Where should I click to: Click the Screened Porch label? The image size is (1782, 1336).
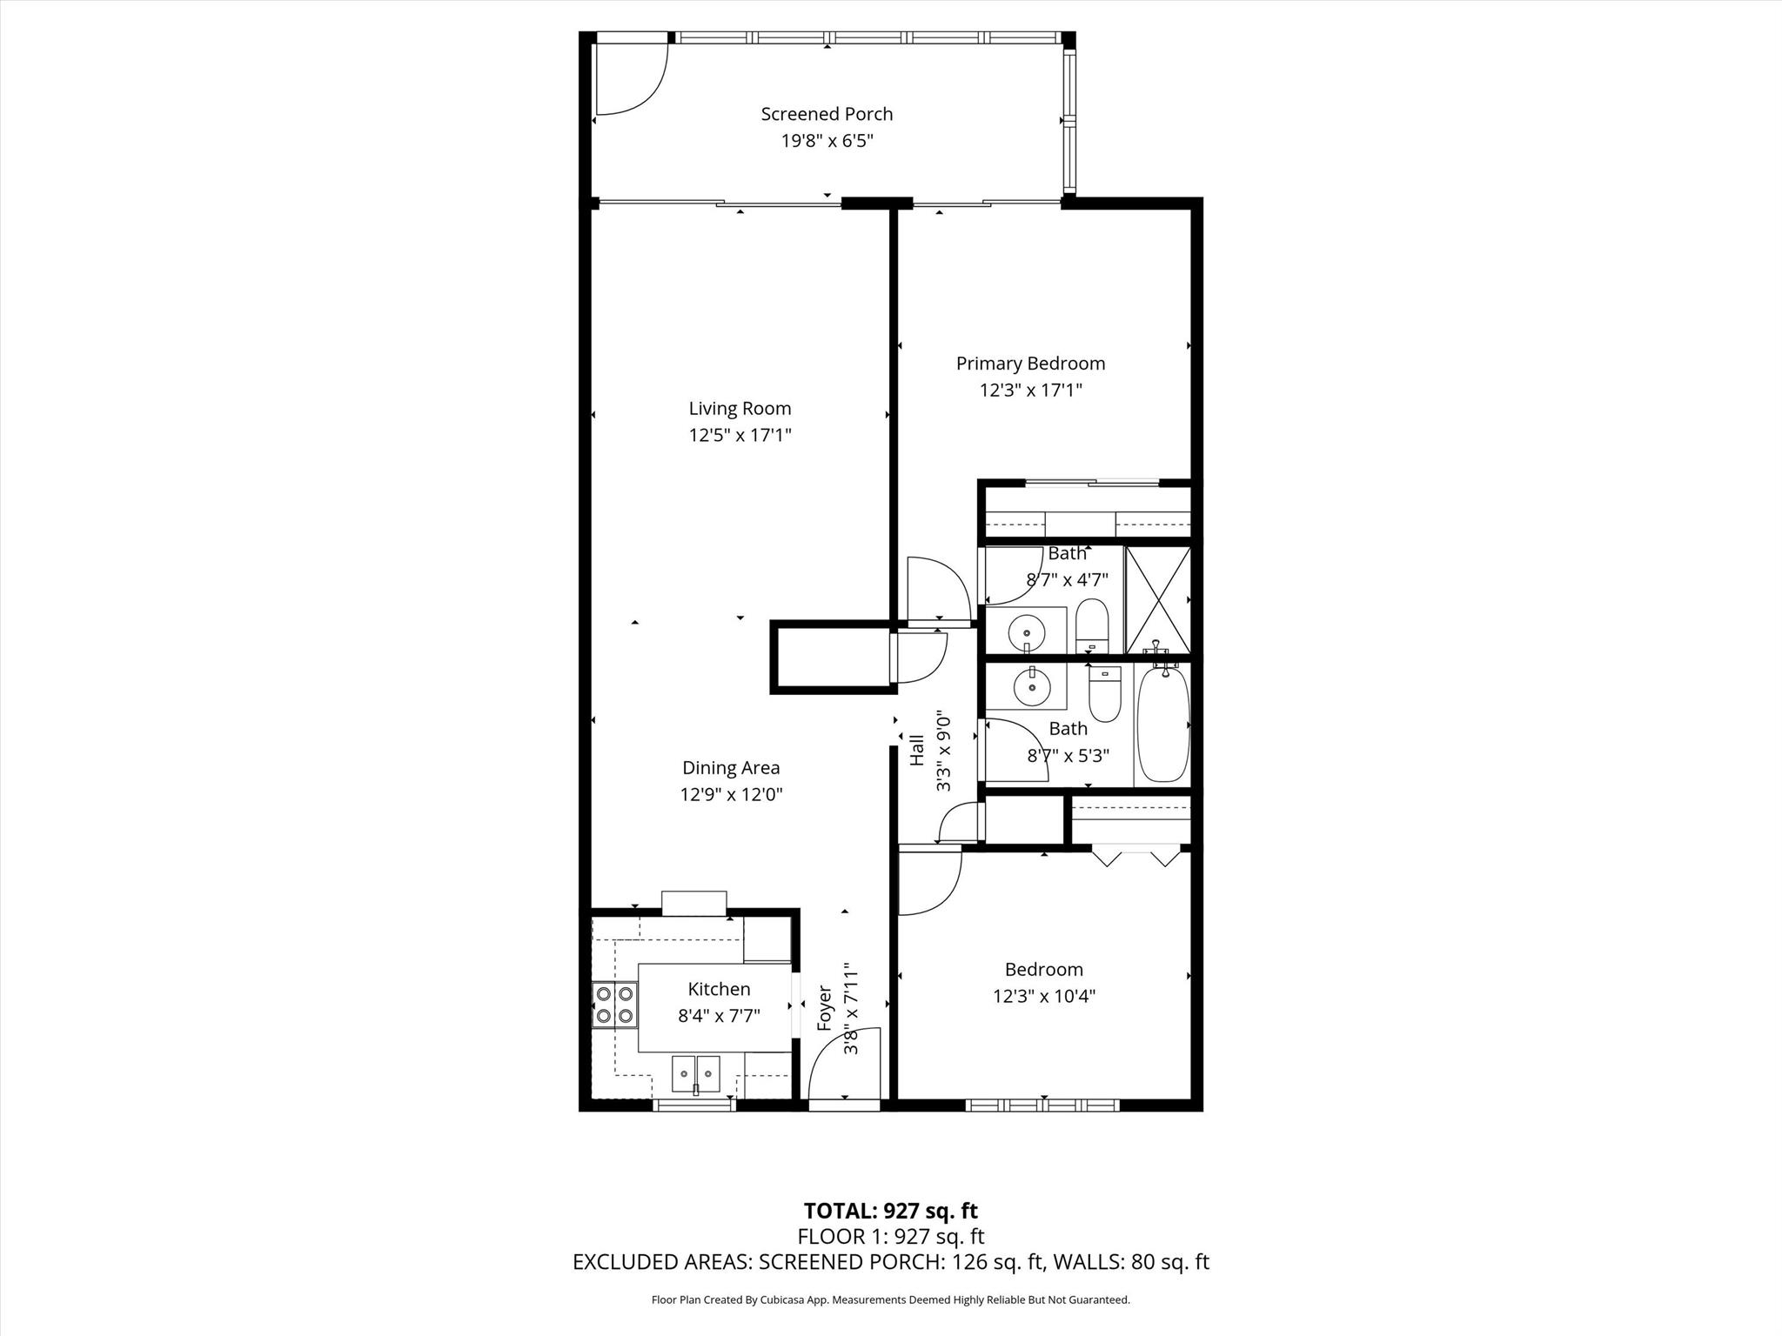[x=827, y=114]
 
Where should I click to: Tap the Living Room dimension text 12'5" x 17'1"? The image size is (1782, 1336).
[x=740, y=435]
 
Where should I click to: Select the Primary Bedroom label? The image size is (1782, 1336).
[x=1030, y=364]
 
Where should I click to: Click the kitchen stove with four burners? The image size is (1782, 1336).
[x=614, y=1005]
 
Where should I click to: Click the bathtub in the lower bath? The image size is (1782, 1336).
[x=1163, y=724]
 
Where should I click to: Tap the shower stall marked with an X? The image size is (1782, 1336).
[x=1158, y=600]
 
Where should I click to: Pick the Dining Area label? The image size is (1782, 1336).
[x=731, y=768]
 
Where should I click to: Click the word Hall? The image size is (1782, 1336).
[x=917, y=751]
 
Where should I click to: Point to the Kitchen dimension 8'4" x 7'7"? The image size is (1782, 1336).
[x=720, y=1016]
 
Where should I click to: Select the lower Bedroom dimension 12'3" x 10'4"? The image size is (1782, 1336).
[x=1044, y=996]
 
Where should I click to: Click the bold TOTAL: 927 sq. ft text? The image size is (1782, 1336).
[x=891, y=1211]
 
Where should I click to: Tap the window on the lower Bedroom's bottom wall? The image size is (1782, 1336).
[x=1042, y=1106]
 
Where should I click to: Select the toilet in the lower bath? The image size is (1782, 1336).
[x=1105, y=694]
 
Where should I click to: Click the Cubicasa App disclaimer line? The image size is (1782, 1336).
[x=891, y=1300]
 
